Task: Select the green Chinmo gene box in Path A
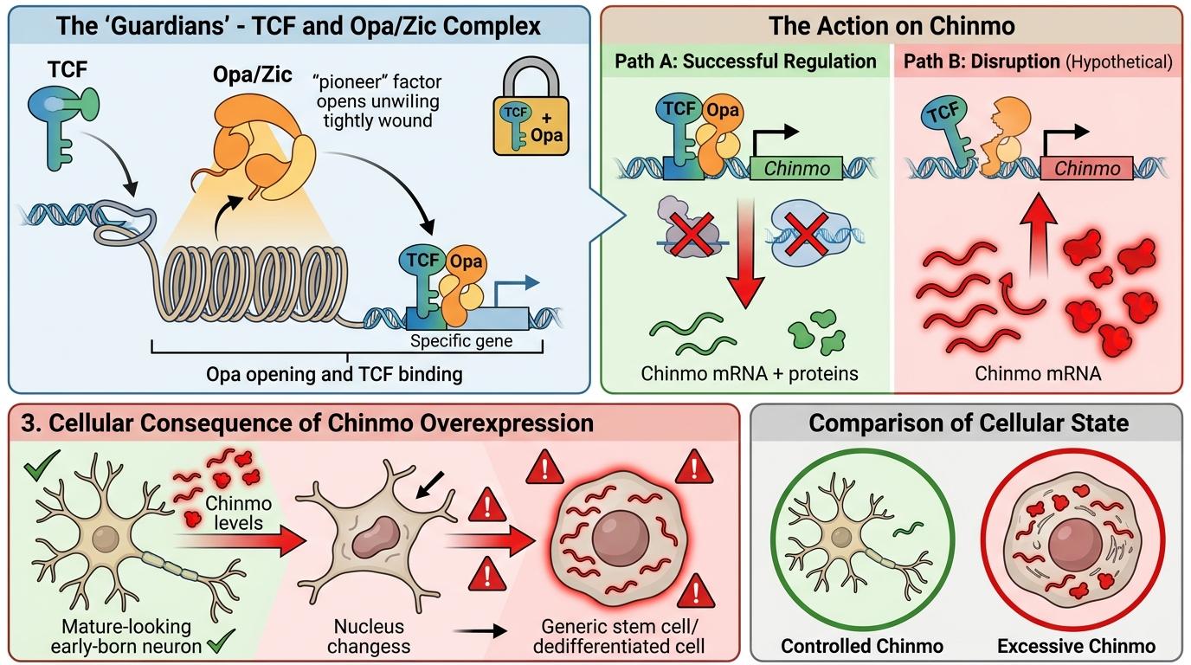(x=796, y=168)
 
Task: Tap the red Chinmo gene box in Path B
(x=1086, y=168)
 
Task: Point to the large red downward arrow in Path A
(x=745, y=253)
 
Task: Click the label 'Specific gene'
(x=461, y=341)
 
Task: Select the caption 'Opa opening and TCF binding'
(x=334, y=375)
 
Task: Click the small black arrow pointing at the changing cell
(x=429, y=485)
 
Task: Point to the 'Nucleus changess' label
(x=369, y=636)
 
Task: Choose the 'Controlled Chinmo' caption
(x=862, y=646)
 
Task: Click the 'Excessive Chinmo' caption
(x=1076, y=646)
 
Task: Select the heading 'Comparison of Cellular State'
(x=969, y=423)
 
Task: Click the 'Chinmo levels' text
(x=238, y=513)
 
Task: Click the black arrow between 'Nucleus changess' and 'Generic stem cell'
(x=480, y=631)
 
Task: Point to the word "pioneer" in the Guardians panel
(x=355, y=82)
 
